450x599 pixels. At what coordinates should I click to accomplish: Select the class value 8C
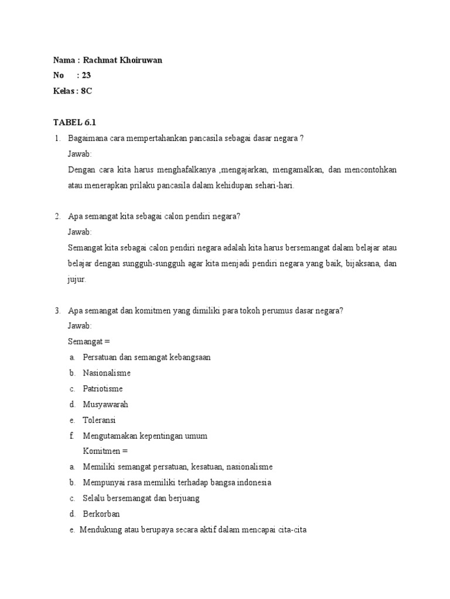point(86,91)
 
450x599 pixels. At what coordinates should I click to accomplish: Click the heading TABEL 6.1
point(74,122)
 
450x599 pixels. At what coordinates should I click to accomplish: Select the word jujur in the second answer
point(77,279)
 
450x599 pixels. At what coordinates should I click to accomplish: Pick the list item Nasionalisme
point(107,373)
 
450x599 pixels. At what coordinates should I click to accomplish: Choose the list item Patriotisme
point(103,388)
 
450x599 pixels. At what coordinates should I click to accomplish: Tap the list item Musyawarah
point(105,404)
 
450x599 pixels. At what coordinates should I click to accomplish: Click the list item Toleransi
point(100,420)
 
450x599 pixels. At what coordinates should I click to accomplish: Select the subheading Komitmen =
point(105,451)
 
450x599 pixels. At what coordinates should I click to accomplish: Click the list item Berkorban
point(101,514)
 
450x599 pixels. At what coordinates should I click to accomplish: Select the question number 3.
point(57,311)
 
